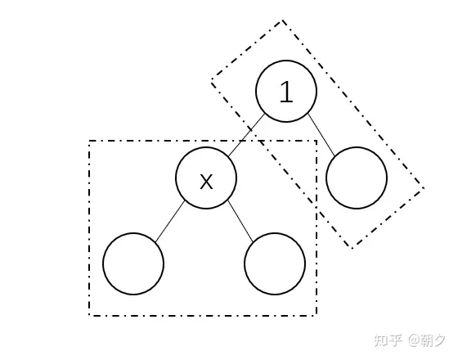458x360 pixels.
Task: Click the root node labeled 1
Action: click(286, 91)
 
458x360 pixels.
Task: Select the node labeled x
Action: click(206, 178)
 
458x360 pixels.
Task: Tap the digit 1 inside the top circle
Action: click(286, 91)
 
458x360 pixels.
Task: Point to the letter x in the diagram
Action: click(206, 181)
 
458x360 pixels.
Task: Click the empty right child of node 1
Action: click(357, 178)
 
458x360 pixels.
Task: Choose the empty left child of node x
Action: click(133, 263)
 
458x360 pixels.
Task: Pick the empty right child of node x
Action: click(275, 263)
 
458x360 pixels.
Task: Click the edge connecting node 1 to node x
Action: click(246, 135)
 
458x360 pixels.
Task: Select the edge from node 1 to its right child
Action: click(321, 134)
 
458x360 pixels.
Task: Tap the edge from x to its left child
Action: click(170, 221)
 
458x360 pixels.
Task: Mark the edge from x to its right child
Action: click(240, 221)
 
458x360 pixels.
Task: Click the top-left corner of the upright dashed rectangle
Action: click(89, 141)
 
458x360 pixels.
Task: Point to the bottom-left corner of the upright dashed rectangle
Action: click(89, 315)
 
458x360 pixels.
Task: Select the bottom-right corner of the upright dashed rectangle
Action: click(317, 315)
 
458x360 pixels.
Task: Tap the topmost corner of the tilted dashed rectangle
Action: click(282, 20)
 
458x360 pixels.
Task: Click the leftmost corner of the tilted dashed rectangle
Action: click(212, 79)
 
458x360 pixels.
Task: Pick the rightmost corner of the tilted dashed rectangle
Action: click(424, 188)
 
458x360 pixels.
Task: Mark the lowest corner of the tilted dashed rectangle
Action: click(352, 249)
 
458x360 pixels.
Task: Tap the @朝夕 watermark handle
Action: click(427, 340)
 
